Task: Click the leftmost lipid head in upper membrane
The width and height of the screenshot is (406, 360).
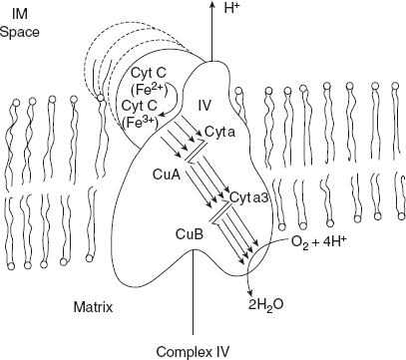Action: (15, 102)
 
